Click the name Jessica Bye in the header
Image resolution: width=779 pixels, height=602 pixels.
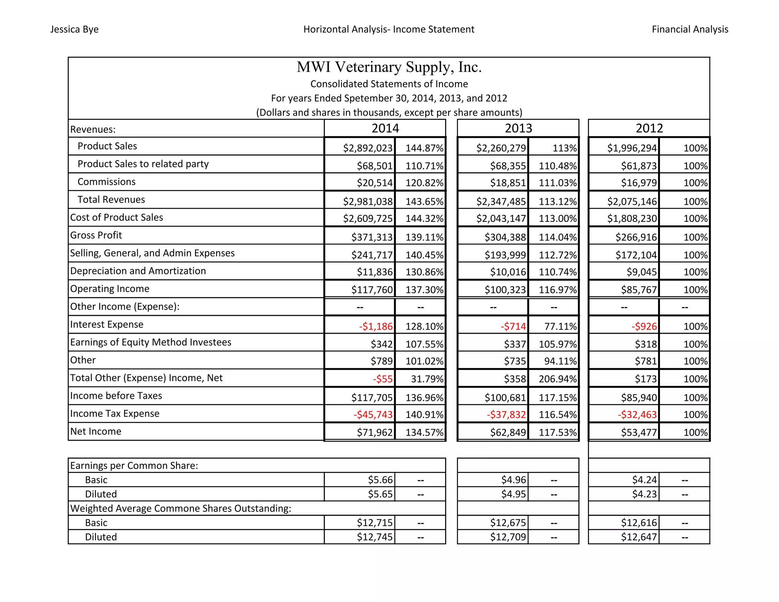74,29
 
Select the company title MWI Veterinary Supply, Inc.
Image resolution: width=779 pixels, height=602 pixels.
389,67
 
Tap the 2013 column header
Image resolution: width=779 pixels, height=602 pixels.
518,128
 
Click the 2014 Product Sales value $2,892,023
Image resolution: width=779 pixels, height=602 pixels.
367,148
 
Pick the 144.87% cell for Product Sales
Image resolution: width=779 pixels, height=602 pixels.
424,148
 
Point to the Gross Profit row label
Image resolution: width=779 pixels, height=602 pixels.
96,235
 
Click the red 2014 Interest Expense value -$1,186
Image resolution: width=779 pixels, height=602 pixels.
375,326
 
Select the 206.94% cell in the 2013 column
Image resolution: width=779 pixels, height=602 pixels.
557,379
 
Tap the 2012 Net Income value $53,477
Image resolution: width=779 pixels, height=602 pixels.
639,432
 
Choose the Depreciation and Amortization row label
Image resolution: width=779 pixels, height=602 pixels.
138,271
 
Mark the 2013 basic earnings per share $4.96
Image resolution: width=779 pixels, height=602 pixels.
513,480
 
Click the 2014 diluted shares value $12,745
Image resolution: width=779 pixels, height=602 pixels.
374,537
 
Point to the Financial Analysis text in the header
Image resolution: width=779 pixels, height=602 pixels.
690,29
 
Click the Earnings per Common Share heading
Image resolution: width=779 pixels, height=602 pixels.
134,466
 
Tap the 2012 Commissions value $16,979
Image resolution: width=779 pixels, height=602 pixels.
639,183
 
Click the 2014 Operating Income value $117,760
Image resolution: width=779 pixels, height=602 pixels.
372,290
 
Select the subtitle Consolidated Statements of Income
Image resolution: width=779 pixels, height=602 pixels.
389,84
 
